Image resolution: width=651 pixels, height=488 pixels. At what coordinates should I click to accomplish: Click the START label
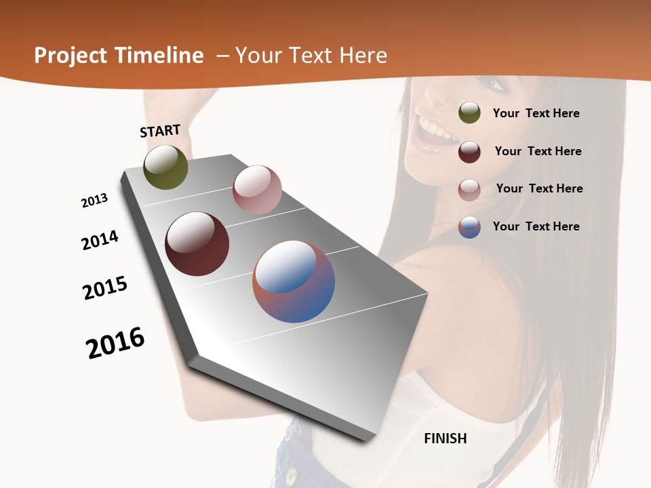coord(160,131)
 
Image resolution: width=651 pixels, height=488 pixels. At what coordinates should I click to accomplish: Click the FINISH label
coord(445,439)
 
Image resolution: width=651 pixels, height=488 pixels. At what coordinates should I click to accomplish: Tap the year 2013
coord(94,201)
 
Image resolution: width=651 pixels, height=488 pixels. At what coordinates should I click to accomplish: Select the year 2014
coord(100,240)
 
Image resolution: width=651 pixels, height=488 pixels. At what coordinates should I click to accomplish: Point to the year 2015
coord(105,288)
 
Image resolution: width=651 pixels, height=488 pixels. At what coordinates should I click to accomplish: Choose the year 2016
coord(115,343)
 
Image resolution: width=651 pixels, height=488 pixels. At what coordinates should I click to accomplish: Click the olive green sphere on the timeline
coord(165,167)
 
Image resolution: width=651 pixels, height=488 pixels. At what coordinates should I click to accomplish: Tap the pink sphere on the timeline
coord(257,190)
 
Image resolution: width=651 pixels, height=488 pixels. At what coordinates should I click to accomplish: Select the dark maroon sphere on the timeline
coord(197,244)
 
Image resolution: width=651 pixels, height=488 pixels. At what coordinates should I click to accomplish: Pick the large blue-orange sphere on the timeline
coord(294,281)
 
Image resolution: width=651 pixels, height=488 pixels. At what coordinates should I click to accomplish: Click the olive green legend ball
coord(469,113)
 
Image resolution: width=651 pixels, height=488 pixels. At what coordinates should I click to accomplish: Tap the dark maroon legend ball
coord(469,152)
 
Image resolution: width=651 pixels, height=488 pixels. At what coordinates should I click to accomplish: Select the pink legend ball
coord(469,190)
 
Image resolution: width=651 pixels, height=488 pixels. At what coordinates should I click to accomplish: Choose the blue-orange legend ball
coord(469,227)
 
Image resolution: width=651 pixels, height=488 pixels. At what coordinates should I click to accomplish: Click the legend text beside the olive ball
coord(536,113)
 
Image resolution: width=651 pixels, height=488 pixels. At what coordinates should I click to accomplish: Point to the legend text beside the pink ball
coord(539,188)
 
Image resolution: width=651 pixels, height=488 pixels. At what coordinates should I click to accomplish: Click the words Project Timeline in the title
coord(119,56)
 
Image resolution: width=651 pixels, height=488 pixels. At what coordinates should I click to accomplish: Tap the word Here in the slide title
coord(363,56)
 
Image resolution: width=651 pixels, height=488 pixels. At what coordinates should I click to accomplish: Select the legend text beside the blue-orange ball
coord(536,226)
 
